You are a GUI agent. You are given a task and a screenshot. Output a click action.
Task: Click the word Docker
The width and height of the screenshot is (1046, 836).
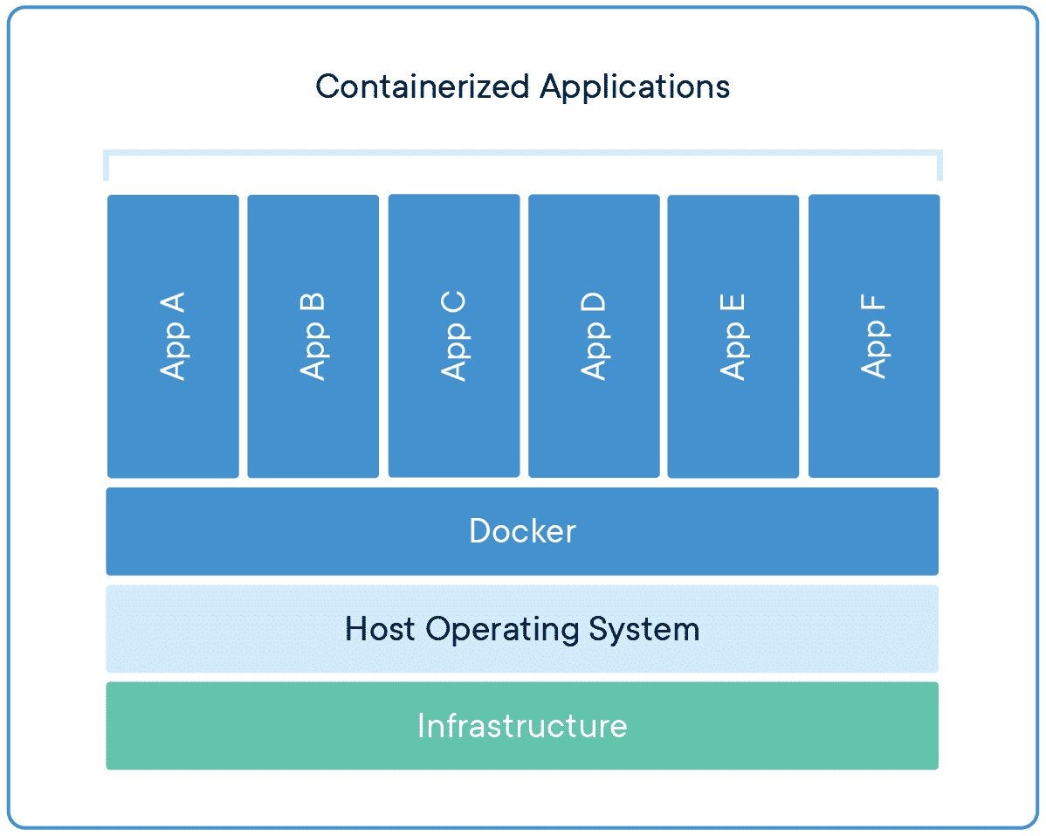pos(522,531)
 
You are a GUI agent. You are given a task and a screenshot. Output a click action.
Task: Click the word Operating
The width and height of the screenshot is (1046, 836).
pos(502,629)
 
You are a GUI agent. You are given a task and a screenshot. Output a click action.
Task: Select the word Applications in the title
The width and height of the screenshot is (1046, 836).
pos(635,86)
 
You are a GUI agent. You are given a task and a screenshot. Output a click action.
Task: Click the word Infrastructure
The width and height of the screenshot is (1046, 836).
pos(522,726)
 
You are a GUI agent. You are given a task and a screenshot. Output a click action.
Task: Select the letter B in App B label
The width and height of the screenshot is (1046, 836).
pos(313,303)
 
